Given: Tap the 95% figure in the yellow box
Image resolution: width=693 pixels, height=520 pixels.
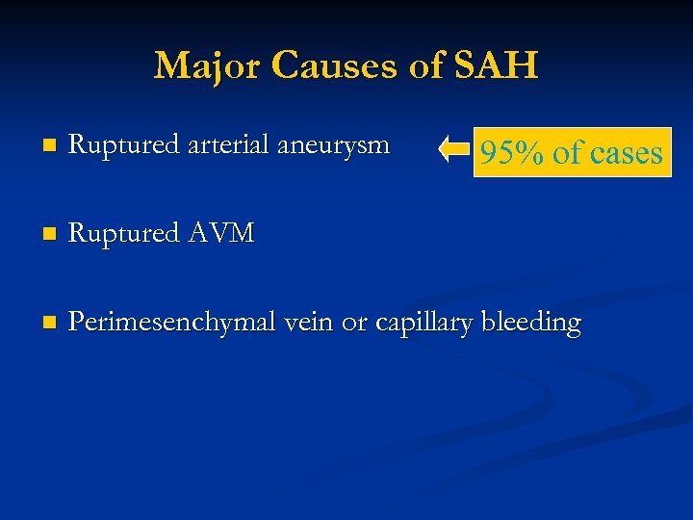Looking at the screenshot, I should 512,153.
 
